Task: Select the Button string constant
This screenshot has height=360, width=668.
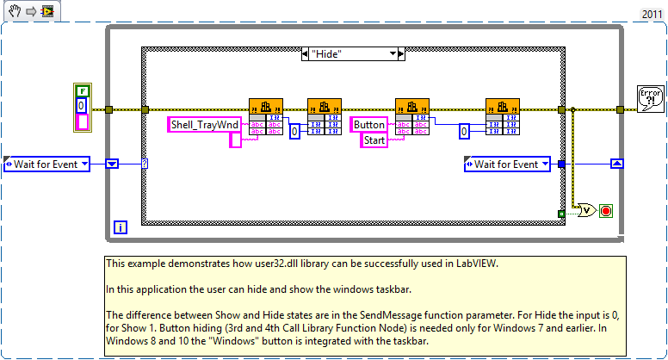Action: coord(369,125)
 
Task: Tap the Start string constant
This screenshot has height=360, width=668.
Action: coord(374,140)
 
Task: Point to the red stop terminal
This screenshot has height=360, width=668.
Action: coord(604,210)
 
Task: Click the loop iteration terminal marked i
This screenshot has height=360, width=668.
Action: coord(121,227)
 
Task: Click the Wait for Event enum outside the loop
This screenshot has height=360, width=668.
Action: coord(47,164)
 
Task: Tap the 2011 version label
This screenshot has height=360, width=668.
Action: coord(651,15)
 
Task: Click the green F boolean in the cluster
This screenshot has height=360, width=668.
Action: coord(83,90)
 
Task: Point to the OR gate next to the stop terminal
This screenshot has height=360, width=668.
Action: coord(586,210)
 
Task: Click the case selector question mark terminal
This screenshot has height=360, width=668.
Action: coord(144,164)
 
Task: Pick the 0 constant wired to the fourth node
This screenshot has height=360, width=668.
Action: coord(464,132)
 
